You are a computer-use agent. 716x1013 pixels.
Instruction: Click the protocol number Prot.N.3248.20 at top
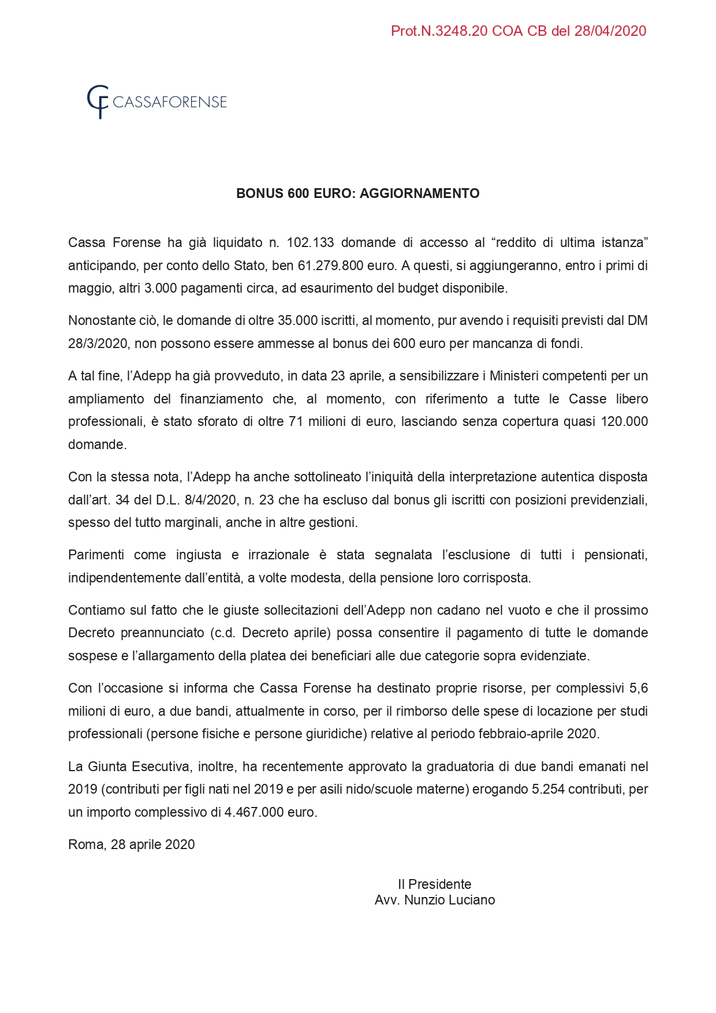pos(439,31)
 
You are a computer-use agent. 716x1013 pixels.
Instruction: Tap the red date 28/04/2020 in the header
pos(610,31)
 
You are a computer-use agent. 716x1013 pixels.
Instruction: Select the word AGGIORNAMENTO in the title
pos(419,193)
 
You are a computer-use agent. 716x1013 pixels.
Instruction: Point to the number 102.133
pos(310,242)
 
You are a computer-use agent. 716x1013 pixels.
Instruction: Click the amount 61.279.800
pos(330,266)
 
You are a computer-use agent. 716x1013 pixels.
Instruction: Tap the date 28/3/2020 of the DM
pos(98,343)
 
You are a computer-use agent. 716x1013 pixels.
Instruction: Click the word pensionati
pos(616,555)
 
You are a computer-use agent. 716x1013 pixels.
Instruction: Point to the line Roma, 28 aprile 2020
pos(132,844)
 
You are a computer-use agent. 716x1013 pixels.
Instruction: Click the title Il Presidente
pos(435,884)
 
